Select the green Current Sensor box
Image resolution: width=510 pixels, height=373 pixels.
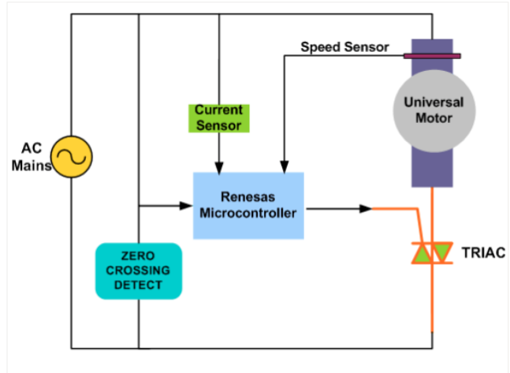click(219, 117)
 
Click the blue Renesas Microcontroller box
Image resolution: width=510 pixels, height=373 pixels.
click(248, 205)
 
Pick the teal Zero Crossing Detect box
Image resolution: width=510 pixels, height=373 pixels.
click(138, 270)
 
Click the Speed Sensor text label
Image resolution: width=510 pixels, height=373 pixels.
click(344, 47)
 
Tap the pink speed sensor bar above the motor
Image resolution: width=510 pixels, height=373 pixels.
click(432, 56)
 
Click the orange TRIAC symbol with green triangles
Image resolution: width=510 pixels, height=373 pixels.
click(433, 254)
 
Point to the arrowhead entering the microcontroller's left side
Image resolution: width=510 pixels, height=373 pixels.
click(188, 207)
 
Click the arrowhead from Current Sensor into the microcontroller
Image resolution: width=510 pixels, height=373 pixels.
click(219, 167)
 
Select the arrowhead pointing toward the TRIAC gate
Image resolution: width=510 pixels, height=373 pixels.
click(366, 209)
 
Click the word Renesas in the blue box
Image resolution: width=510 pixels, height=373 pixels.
click(248, 197)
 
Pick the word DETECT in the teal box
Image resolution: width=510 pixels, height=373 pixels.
click(138, 285)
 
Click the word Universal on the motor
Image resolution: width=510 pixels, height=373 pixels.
click(434, 103)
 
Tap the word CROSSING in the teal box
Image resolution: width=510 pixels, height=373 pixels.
click(138, 270)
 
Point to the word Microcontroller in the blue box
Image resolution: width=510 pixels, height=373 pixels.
click(248, 213)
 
